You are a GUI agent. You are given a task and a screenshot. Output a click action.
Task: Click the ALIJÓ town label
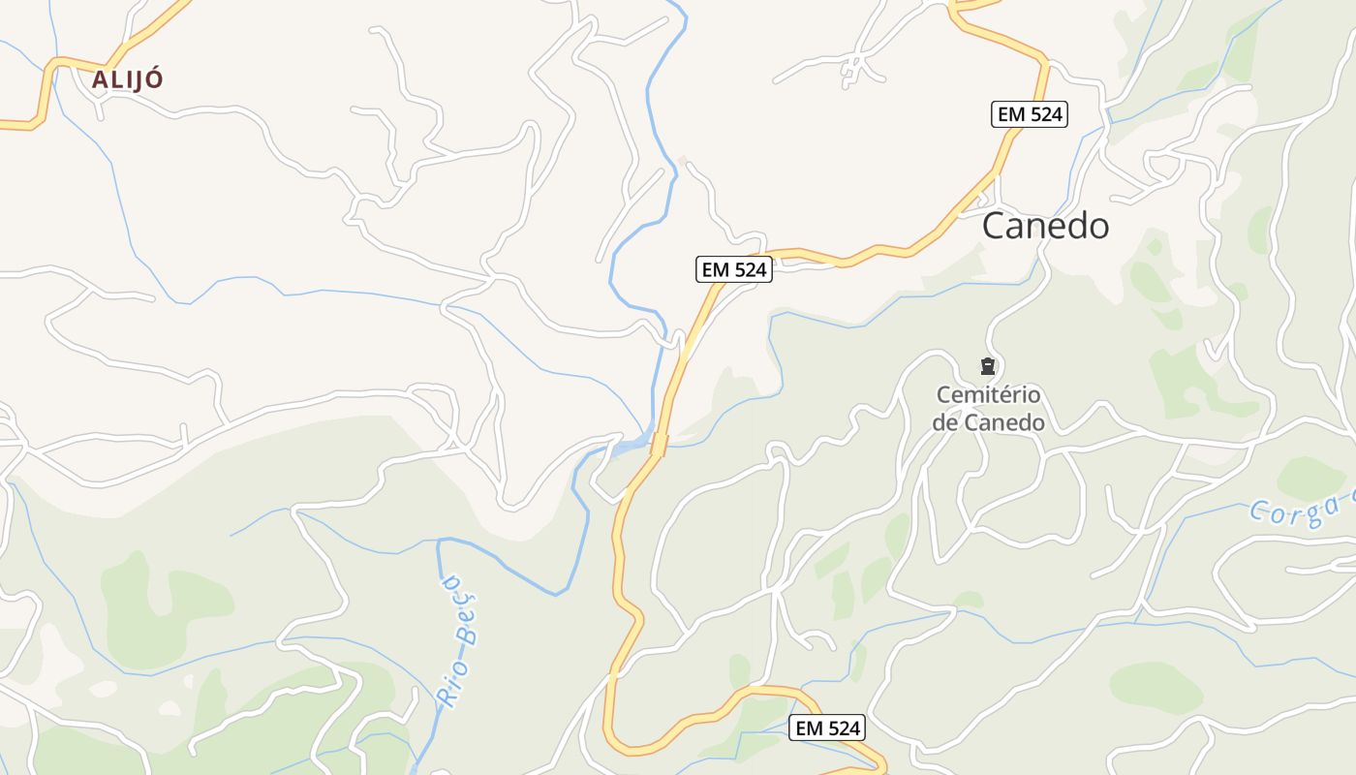point(127,79)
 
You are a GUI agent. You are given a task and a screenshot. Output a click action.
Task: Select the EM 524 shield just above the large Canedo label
point(1030,114)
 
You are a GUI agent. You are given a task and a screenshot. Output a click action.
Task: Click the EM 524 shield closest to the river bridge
point(733,269)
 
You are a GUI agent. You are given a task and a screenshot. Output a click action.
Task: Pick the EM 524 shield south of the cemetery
point(826,728)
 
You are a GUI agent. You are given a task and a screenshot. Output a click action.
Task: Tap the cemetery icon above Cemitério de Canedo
point(987,366)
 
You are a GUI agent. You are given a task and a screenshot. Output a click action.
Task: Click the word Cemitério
point(988,395)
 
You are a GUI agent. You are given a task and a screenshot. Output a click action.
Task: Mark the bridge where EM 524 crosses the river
point(659,445)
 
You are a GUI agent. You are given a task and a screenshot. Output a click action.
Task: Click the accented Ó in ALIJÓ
point(154,79)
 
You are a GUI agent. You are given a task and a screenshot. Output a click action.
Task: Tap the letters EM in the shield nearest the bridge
point(715,269)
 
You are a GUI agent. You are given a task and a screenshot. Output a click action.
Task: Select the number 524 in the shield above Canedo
point(1044,114)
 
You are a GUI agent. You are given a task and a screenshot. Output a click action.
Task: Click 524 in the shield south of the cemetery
point(841,728)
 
